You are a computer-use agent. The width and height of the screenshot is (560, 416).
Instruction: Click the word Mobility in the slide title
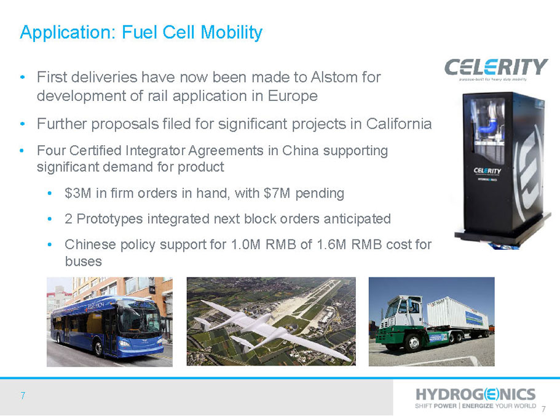tap(231, 33)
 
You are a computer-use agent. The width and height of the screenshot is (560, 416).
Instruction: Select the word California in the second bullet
tap(398, 124)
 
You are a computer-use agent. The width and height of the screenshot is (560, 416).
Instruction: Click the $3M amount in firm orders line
tap(78, 193)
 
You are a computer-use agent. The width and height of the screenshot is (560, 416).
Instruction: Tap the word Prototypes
tap(109, 219)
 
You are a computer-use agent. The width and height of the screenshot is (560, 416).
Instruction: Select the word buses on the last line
tap(84, 262)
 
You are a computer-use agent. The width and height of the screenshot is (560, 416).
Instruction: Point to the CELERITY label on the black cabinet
tap(487, 170)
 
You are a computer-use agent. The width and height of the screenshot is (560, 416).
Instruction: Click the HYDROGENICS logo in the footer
tap(475, 394)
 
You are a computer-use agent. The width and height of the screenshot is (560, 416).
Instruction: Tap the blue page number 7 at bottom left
tap(23, 396)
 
